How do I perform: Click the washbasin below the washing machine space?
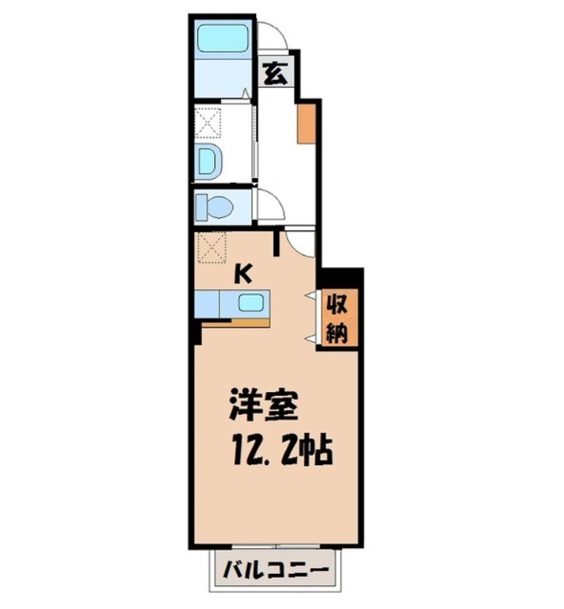[x=208, y=161]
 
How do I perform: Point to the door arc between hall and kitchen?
[x=299, y=242]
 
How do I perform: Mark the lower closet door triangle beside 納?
[x=311, y=337]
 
